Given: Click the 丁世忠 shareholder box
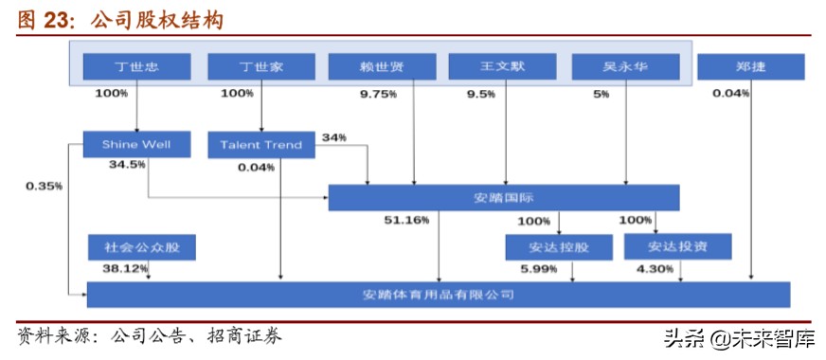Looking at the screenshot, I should pos(136,66).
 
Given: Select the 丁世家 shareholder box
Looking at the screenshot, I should pos(260,66).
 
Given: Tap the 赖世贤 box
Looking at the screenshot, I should pos(382,66).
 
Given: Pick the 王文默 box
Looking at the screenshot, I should pos(502,66).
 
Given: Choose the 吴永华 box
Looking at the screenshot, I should pos(625,66).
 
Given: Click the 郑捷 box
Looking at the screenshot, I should pos(750,66).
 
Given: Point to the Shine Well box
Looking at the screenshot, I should pos(137,145).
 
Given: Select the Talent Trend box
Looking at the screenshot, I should pos(260,145).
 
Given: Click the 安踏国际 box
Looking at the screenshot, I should pos(504,197).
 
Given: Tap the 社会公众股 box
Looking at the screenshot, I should pos(142,248).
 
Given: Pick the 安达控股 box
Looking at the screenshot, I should pos(559,248).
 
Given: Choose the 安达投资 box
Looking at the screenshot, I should pos(678,247).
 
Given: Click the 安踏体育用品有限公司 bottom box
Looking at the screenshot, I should pos(439,295).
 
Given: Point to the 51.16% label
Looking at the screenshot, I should pos(405,220).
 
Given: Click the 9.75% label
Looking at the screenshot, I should pos(378,94).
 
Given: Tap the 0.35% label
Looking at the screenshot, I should pos(44,186).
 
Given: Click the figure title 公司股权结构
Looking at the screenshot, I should pos(156,21).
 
